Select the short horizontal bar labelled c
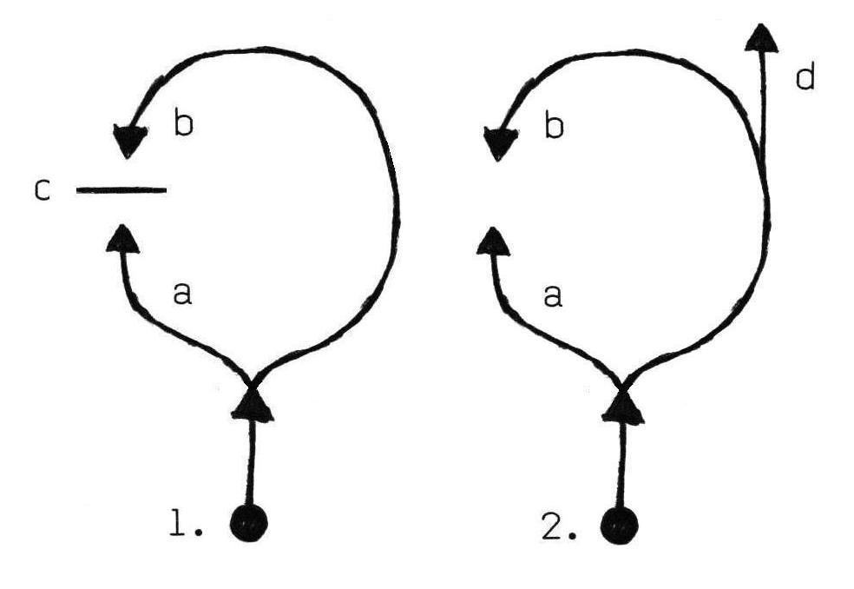121,189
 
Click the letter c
42,189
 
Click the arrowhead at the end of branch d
760,36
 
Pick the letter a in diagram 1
181,296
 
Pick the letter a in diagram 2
553,297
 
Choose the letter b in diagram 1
182,125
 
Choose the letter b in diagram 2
553,126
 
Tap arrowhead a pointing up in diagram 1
125,237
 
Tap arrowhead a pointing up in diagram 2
494,239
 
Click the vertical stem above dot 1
251,460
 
